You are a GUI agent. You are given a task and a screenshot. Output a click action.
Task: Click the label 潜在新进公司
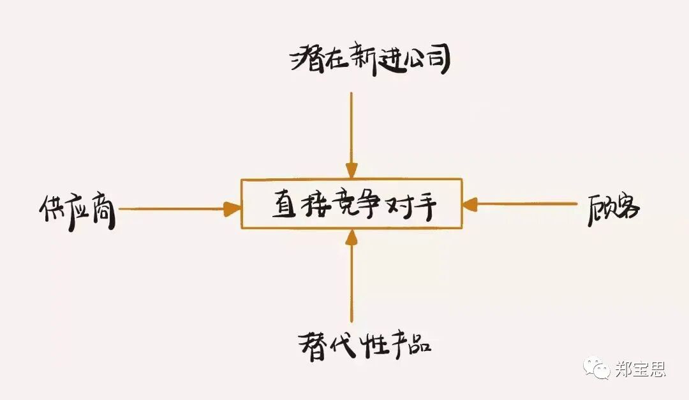click(x=370, y=61)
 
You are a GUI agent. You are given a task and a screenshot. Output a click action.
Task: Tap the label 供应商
click(x=77, y=211)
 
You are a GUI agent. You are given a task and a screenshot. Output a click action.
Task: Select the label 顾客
click(x=614, y=210)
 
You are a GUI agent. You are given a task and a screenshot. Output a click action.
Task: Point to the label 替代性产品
click(x=365, y=345)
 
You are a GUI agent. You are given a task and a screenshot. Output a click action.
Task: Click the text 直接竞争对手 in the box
click(x=354, y=205)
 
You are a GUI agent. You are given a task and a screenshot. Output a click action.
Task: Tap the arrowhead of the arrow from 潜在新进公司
click(x=351, y=170)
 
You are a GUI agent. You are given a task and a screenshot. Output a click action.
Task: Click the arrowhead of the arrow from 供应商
click(x=232, y=209)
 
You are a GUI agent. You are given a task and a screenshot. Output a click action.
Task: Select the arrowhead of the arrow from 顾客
click(x=470, y=204)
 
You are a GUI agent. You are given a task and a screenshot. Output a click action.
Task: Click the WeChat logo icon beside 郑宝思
click(x=596, y=367)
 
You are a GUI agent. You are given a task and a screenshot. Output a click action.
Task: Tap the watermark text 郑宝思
click(x=641, y=369)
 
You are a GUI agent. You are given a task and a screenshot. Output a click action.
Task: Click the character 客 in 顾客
click(x=627, y=209)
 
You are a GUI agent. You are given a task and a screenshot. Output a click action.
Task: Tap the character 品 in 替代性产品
click(x=418, y=344)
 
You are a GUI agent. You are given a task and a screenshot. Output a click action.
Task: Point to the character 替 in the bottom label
click(x=313, y=346)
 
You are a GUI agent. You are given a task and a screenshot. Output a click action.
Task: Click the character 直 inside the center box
click(x=285, y=205)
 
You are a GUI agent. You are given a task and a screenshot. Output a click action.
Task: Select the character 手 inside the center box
click(x=423, y=206)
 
